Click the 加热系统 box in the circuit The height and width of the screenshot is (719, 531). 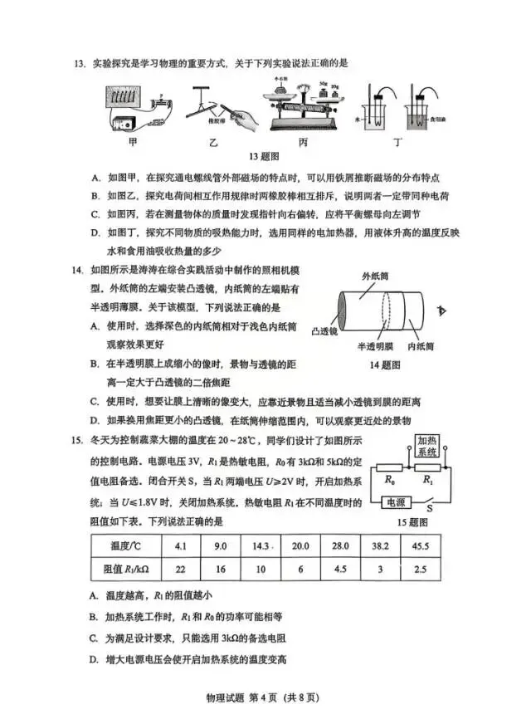[428, 447]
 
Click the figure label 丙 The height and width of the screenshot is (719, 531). [304, 142]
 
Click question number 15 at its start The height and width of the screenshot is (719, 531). [79, 438]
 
